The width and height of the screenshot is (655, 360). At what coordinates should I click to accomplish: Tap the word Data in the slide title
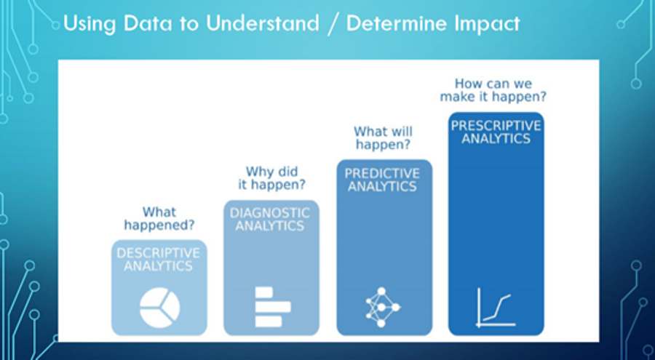click(148, 24)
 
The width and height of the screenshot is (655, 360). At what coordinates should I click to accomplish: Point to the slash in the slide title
click(333, 24)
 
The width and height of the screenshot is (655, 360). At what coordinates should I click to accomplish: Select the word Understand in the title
click(262, 23)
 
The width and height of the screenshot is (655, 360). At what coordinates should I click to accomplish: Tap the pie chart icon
click(159, 308)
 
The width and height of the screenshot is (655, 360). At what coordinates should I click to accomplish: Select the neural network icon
click(383, 307)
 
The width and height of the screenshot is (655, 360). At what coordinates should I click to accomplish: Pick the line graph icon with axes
click(496, 307)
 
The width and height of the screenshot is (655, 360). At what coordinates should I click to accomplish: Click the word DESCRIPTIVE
click(159, 253)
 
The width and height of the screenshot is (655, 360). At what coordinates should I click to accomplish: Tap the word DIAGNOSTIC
click(270, 213)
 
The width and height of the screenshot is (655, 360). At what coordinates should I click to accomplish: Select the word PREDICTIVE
click(382, 173)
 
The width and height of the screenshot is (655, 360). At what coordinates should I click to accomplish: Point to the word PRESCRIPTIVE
click(496, 126)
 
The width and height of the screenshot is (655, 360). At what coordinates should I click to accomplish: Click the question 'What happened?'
click(159, 218)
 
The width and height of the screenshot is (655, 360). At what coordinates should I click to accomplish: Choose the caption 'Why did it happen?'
click(271, 178)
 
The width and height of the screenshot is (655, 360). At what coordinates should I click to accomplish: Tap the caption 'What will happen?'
click(383, 138)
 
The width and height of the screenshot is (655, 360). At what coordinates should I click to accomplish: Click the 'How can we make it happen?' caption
click(493, 89)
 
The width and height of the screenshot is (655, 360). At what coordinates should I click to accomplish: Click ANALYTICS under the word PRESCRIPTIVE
click(496, 139)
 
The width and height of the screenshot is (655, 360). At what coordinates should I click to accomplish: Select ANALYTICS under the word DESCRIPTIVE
click(159, 266)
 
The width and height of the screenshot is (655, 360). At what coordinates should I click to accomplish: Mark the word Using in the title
click(90, 24)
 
